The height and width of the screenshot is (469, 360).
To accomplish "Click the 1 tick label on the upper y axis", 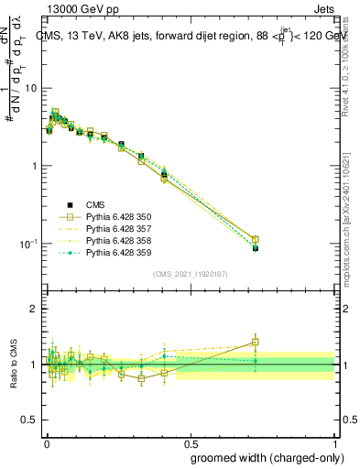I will pos(33,166).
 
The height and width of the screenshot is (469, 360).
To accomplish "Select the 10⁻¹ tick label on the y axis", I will pos(28,244).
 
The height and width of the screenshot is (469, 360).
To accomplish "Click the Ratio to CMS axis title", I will pos(12,365).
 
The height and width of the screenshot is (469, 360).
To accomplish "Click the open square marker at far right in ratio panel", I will pos(255,343).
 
